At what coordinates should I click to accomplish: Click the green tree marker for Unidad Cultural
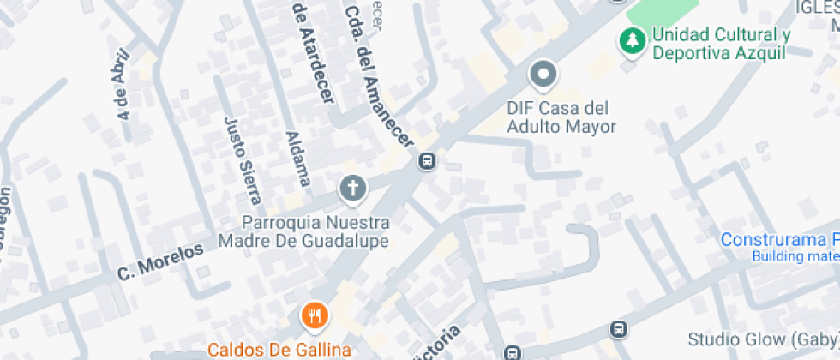[633, 40]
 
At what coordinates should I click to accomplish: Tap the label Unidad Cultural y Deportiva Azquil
[719, 44]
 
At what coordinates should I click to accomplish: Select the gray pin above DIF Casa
[543, 75]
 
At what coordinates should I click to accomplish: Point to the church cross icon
[351, 186]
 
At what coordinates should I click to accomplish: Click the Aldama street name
[297, 159]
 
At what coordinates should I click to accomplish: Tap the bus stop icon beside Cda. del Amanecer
[426, 160]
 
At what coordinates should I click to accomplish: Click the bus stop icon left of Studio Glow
[617, 329]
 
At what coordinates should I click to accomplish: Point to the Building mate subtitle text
[795, 256]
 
